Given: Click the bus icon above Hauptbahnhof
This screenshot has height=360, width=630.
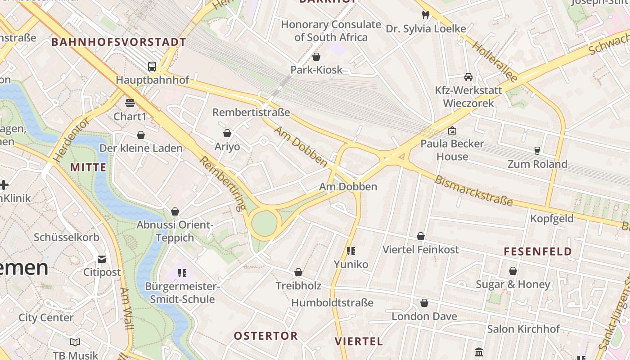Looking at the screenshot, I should [x=152, y=67].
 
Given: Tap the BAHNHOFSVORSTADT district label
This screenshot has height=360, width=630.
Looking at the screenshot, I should [x=118, y=42].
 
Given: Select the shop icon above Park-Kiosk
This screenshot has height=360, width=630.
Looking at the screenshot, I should [x=316, y=57].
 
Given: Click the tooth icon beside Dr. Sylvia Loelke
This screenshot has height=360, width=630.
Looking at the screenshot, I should [x=425, y=15].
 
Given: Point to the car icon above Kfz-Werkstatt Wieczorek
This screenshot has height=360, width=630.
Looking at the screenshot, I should [x=468, y=77].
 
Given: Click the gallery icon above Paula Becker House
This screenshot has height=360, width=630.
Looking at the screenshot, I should [x=452, y=130].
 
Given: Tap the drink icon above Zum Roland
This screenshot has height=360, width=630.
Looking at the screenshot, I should [x=537, y=150].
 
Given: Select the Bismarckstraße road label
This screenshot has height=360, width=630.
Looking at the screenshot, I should [x=473, y=190].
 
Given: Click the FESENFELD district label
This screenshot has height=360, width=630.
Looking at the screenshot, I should [x=537, y=252].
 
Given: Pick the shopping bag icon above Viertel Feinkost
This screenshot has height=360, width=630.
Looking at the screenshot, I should [x=420, y=236].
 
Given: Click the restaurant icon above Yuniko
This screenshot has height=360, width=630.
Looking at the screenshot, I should [x=351, y=251].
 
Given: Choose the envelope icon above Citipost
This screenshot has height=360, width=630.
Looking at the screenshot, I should [x=102, y=259].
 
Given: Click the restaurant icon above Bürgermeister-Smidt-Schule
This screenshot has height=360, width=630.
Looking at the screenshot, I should [x=182, y=273].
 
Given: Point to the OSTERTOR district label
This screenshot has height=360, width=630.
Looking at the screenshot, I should [x=265, y=336].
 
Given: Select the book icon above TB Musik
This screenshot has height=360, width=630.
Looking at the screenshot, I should [x=75, y=342].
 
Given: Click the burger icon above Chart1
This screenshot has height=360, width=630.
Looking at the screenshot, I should [x=130, y=103].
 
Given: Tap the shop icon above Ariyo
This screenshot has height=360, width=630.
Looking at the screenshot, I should [x=227, y=133].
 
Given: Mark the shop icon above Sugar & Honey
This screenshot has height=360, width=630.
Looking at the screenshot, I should [x=513, y=271].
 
